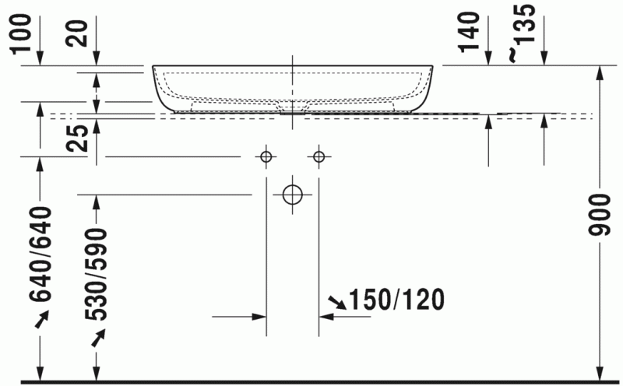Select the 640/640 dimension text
coord(40,254)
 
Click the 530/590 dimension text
coord(96,275)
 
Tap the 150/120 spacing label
coord(396,299)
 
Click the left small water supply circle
coord(266,157)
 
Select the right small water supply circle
coord(318,157)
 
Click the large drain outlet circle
coord(292,194)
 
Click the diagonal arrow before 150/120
coord(337,300)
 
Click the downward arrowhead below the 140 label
coord(487,59)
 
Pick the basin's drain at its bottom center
coord(292,110)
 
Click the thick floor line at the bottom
coord(311,382)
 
